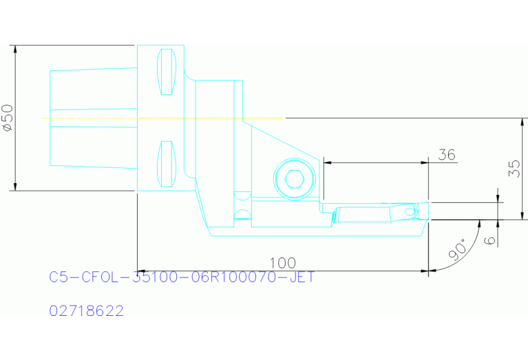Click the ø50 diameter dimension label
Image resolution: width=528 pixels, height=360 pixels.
[8, 118]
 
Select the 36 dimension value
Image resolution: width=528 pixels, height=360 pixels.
[446, 155]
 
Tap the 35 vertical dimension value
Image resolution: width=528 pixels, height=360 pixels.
[514, 169]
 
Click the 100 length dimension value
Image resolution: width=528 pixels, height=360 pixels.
[282, 263]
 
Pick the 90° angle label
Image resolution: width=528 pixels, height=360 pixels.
[456, 251]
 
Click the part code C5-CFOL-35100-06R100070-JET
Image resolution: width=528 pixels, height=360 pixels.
[182, 278]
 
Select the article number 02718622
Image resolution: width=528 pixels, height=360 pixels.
[87, 311]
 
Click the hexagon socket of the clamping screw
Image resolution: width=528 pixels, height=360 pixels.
[295, 180]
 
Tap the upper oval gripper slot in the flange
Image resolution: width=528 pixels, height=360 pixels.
[165, 72]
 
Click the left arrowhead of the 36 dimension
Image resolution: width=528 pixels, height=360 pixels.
[326, 162]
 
